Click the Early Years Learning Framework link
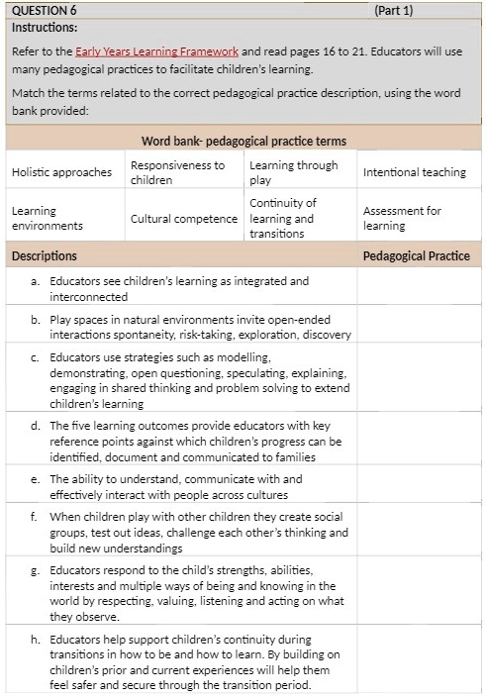point(156,50)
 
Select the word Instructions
point(44,27)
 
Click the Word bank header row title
point(243,141)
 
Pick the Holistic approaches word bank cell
point(61,172)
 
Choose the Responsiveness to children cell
point(178,172)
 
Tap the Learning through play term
point(293,172)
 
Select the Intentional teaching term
point(414,172)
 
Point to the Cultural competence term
point(184,219)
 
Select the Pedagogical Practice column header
point(416,255)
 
